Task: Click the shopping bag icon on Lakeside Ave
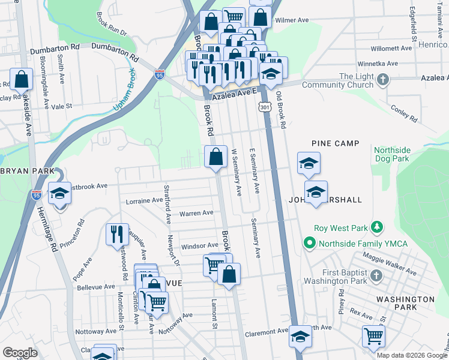[22, 79]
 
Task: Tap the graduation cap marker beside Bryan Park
[59, 193]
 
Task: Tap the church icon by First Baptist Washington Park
[376, 275]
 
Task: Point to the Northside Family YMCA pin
[310, 243]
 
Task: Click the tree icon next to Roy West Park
[376, 227]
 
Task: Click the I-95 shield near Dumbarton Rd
[159, 74]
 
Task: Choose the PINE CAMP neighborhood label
[335, 143]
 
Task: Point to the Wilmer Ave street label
[291, 20]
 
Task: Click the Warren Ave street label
[196, 213]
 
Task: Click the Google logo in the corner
[20, 352]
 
